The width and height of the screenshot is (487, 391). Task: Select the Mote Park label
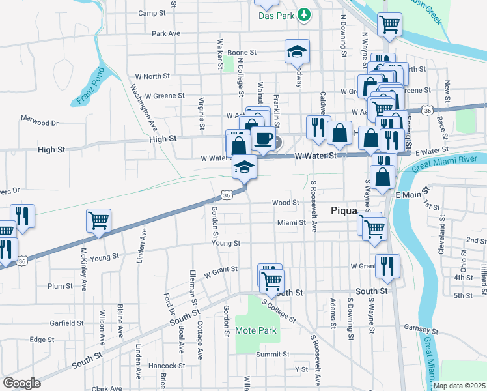(256, 330)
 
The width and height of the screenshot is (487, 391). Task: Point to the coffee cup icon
(264, 139)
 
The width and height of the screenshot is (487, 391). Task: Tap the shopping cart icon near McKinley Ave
(98, 222)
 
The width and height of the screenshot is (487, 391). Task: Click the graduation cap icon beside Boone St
(296, 51)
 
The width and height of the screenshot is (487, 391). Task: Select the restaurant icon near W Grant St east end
(387, 266)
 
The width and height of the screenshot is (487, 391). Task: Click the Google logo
(21, 383)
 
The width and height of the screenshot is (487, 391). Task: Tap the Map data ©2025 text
(458, 386)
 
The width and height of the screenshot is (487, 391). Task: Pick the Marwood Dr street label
(39, 122)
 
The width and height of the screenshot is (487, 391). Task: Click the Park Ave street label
(165, 33)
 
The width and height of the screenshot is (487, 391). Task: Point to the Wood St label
(285, 203)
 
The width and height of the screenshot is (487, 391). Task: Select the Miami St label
(291, 223)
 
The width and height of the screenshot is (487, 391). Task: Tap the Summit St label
(272, 355)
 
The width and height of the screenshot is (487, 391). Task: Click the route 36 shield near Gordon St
(226, 195)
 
